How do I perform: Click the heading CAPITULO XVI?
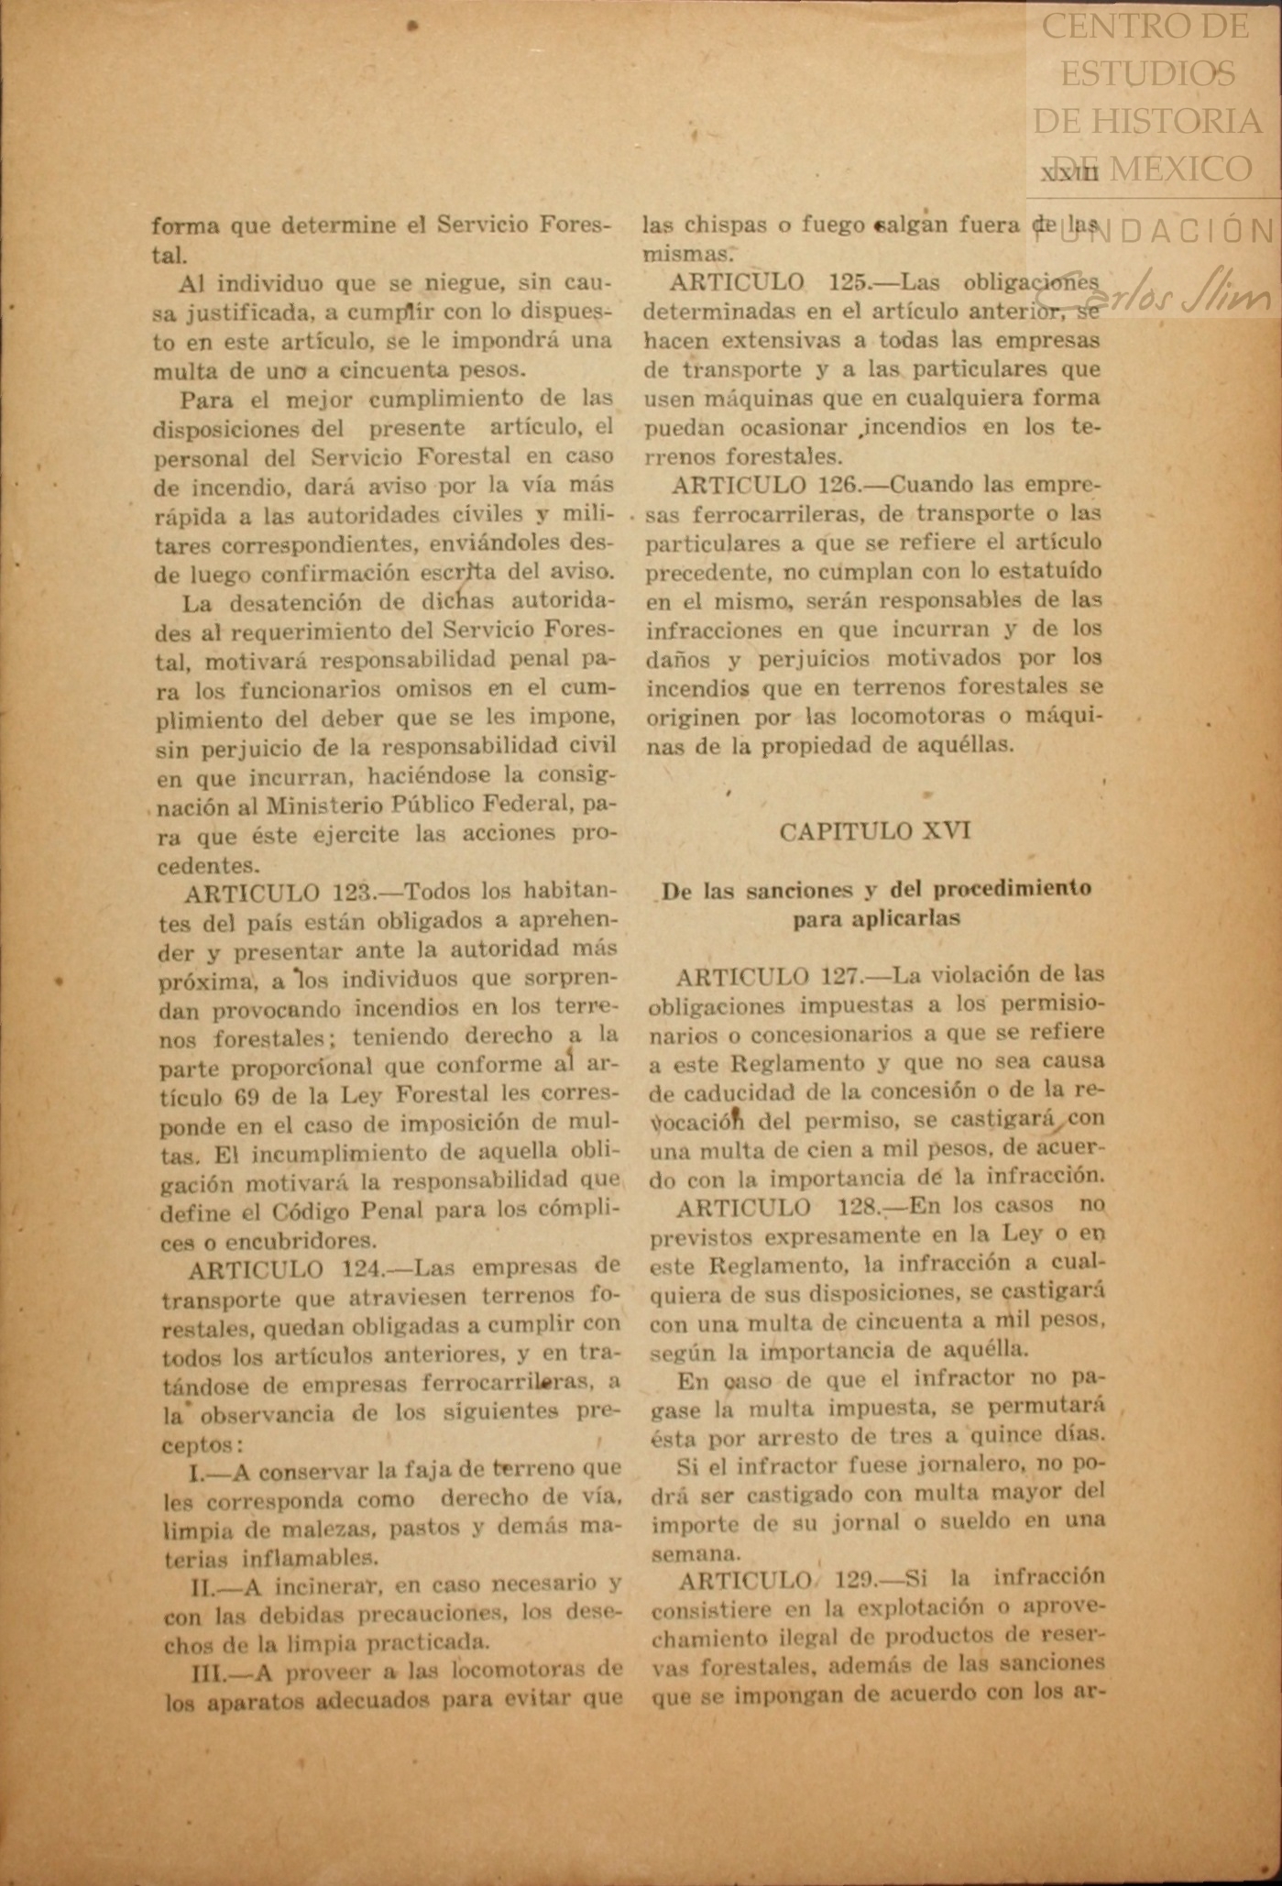pyautogui.click(x=874, y=831)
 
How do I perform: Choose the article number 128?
pyautogui.click(x=858, y=1206)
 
